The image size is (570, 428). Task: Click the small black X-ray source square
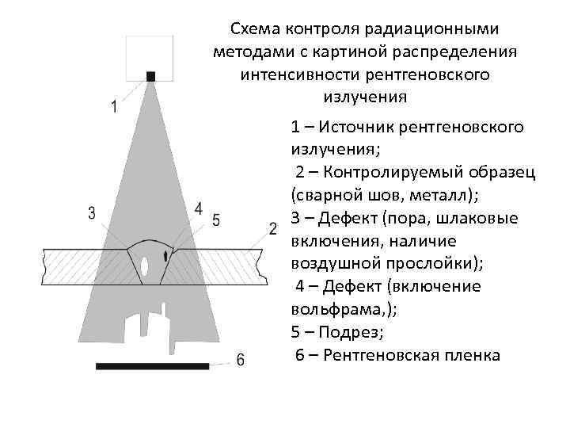click(x=150, y=76)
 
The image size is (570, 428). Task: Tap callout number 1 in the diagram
click(x=115, y=106)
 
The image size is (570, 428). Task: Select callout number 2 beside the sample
click(x=272, y=229)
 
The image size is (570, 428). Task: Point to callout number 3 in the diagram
click(x=92, y=212)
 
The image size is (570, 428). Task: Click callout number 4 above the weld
click(x=198, y=208)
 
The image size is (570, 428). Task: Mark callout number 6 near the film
click(x=241, y=359)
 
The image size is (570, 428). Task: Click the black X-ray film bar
click(x=153, y=366)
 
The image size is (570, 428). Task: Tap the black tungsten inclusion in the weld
click(x=165, y=256)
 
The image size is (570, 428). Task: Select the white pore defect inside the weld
click(x=144, y=264)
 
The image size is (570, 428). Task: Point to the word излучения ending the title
click(x=365, y=98)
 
